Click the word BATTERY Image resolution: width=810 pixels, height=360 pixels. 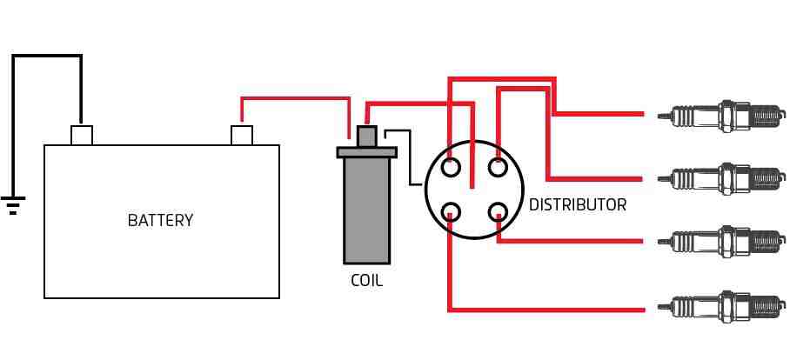point(160,220)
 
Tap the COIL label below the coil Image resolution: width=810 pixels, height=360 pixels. point(366,281)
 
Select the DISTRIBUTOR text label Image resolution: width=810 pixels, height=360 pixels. point(577,205)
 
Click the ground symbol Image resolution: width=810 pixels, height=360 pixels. point(12,204)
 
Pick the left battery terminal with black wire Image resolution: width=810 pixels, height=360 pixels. point(81,135)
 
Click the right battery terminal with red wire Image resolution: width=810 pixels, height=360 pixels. point(241,135)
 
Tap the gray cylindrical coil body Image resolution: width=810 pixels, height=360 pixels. point(366,209)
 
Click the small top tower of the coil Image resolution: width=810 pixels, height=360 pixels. point(366,137)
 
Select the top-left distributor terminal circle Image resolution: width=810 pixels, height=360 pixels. point(452,168)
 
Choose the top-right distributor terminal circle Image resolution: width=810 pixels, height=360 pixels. point(498,168)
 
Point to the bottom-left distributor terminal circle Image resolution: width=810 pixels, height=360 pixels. point(452,210)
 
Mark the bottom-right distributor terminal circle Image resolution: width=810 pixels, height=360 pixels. point(498,210)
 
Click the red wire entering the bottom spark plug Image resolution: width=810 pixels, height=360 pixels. point(557,309)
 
